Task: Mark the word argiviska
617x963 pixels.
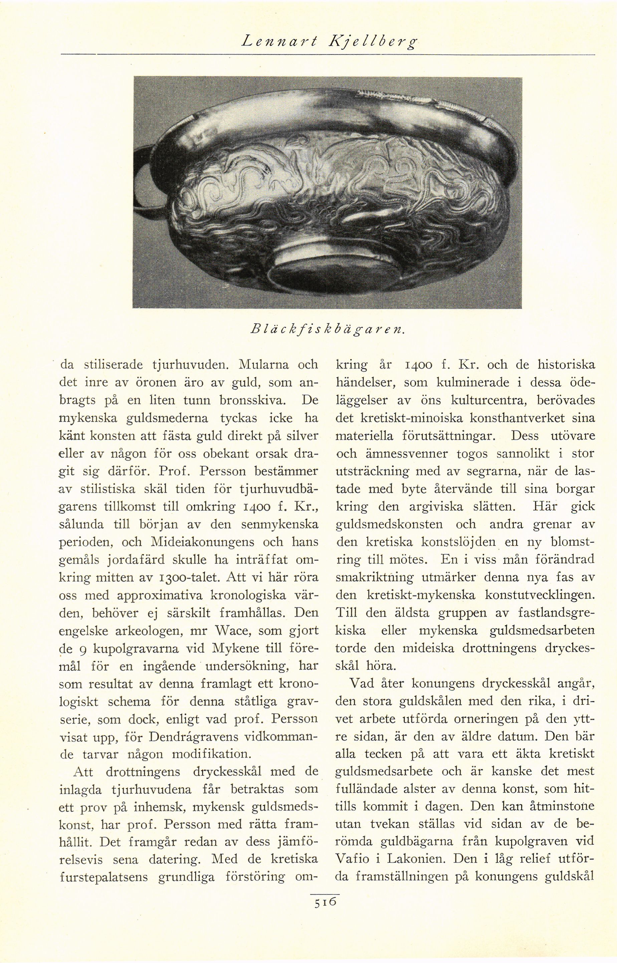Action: pyautogui.click(x=438, y=506)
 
